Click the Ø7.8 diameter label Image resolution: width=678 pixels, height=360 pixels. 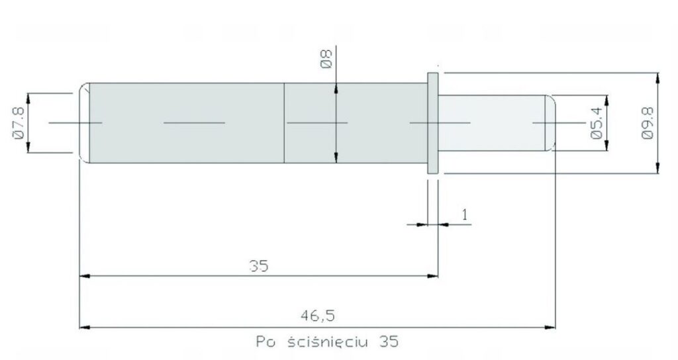point(19,123)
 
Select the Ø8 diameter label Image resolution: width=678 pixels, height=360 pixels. point(326,59)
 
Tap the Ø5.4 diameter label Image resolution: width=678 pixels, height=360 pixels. point(597,123)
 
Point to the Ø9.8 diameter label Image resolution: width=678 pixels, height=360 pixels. point(648,123)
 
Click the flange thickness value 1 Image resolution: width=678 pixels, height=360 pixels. point(465,215)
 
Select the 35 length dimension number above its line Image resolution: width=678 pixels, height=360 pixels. point(259,266)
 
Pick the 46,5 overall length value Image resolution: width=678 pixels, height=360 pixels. point(318,316)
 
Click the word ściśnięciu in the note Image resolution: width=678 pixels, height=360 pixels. point(328,341)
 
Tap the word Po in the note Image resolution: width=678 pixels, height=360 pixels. point(266,342)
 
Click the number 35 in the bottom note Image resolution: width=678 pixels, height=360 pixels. point(389,342)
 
